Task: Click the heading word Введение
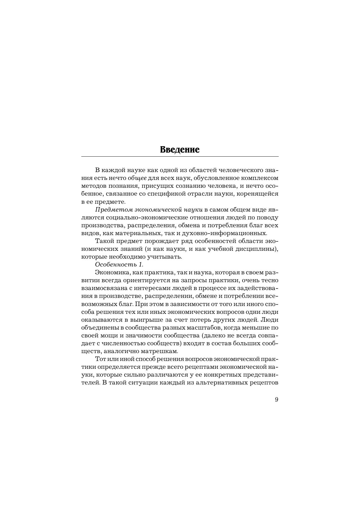click(180, 150)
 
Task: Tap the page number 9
click(276, 399)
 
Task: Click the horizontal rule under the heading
click(180, 156)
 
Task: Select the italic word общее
click(137, 178)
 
